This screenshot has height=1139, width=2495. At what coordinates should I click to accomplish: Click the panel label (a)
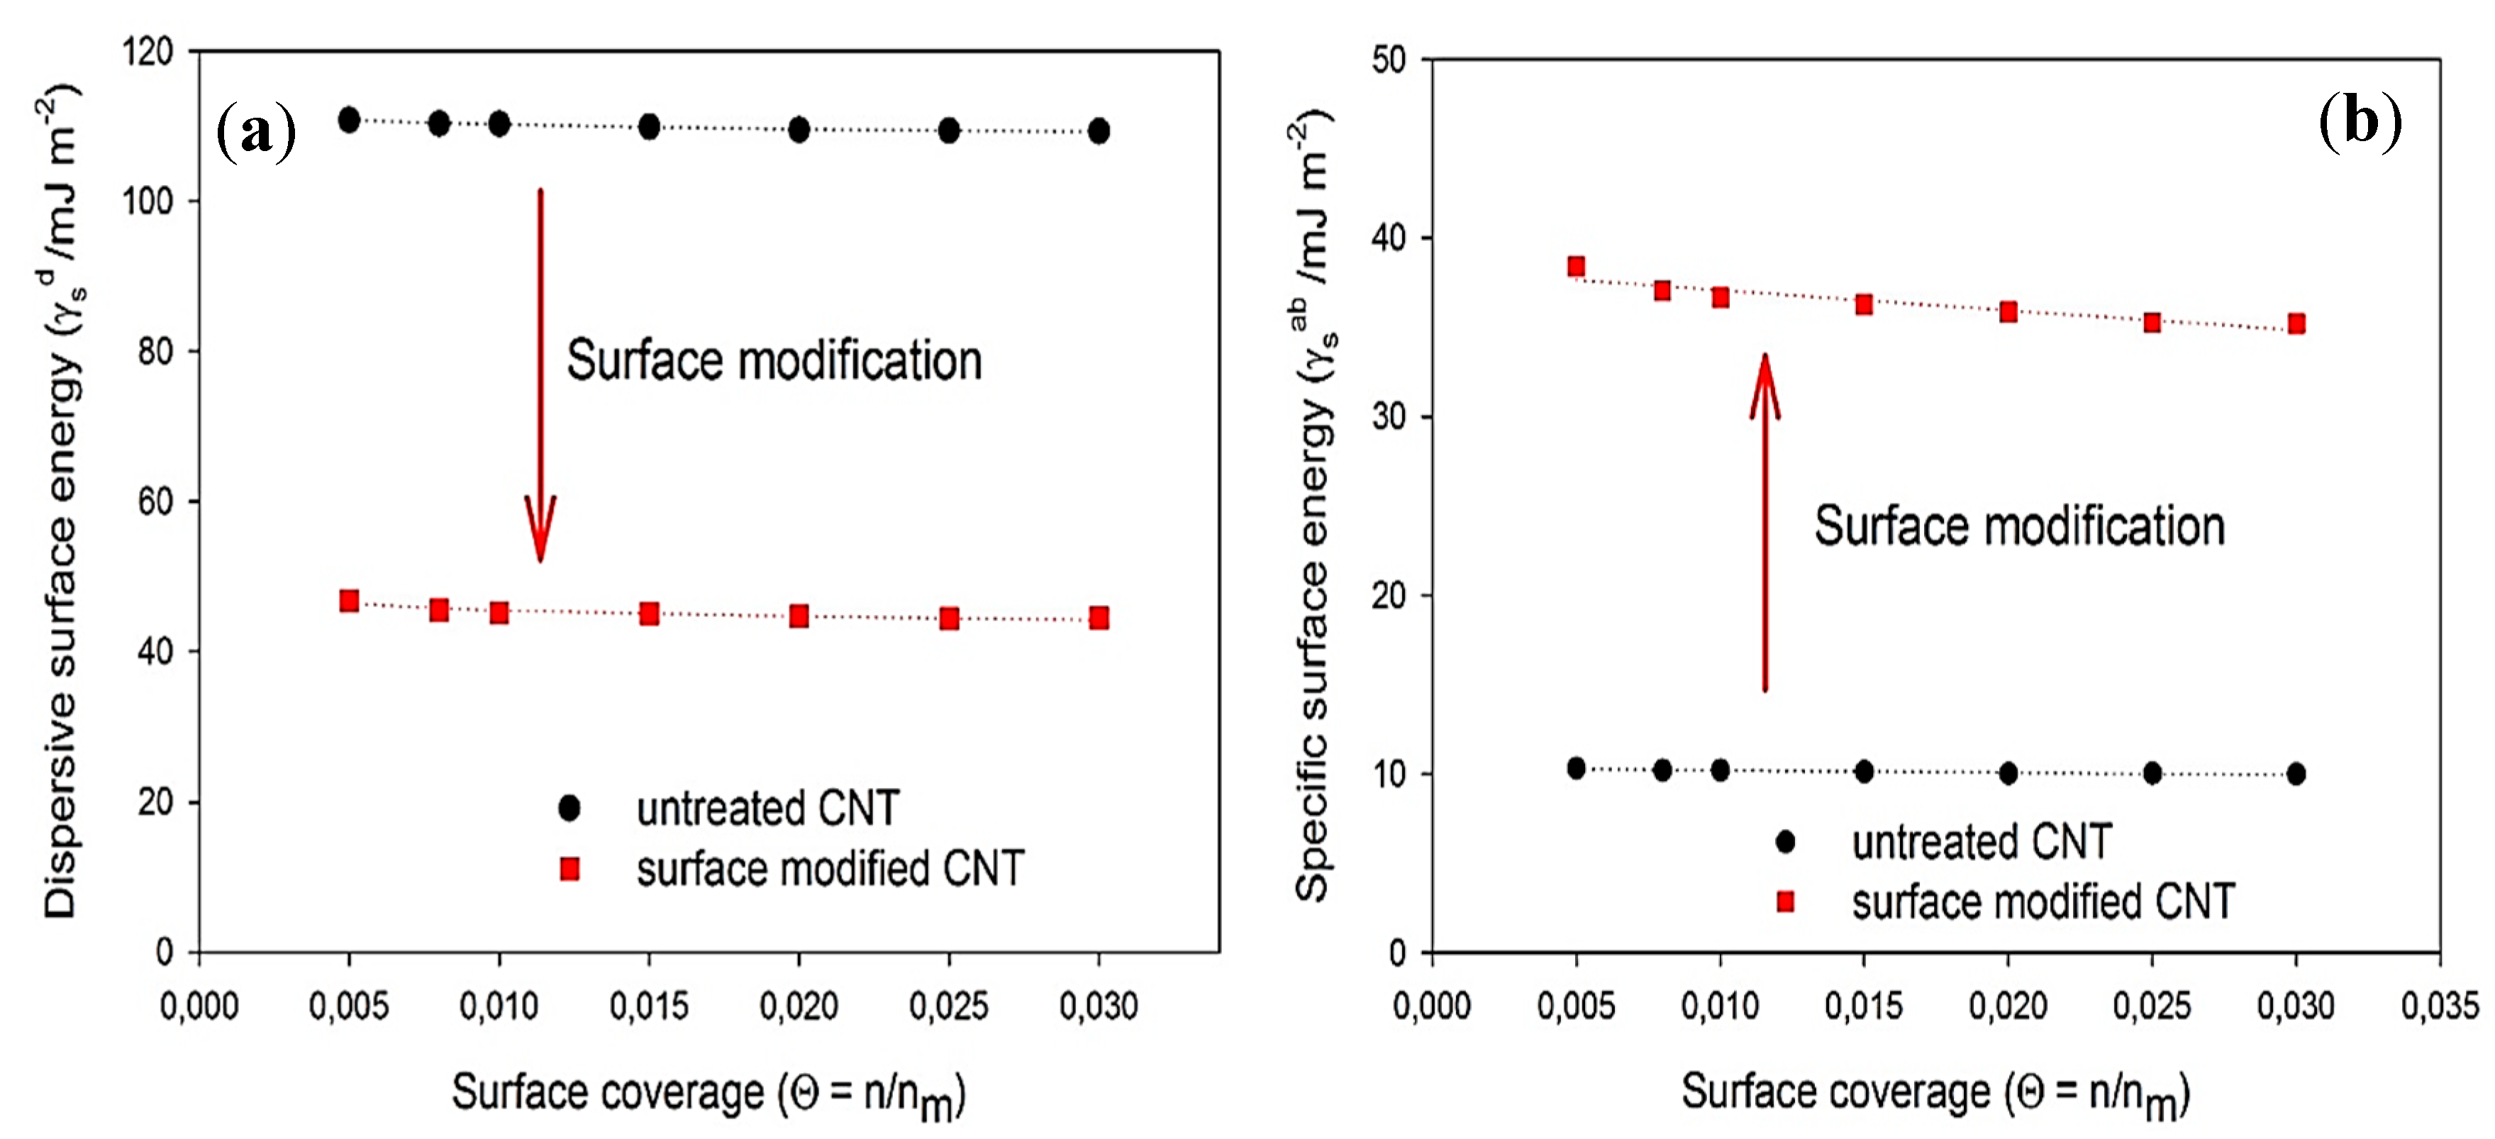pos(256,132)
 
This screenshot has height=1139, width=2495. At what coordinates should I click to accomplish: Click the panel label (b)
pos(2360,122)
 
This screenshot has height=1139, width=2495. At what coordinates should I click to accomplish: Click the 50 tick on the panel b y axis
pos(1389,60)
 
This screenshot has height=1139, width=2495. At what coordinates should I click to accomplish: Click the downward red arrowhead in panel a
pos(540,528)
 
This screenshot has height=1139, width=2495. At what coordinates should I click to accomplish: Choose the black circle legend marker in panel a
pos(569,808)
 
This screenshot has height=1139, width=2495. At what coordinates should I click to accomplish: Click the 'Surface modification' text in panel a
pos(774,361)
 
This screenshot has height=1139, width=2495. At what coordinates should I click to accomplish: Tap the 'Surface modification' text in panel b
pos(2019,527)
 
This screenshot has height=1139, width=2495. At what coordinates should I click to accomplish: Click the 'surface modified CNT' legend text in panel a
pos(830,869)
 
